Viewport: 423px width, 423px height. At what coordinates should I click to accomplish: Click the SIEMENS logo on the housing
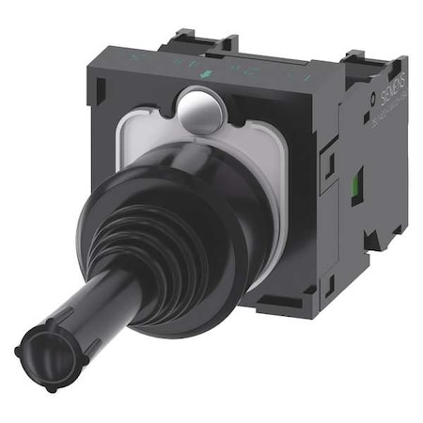point(386,85)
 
